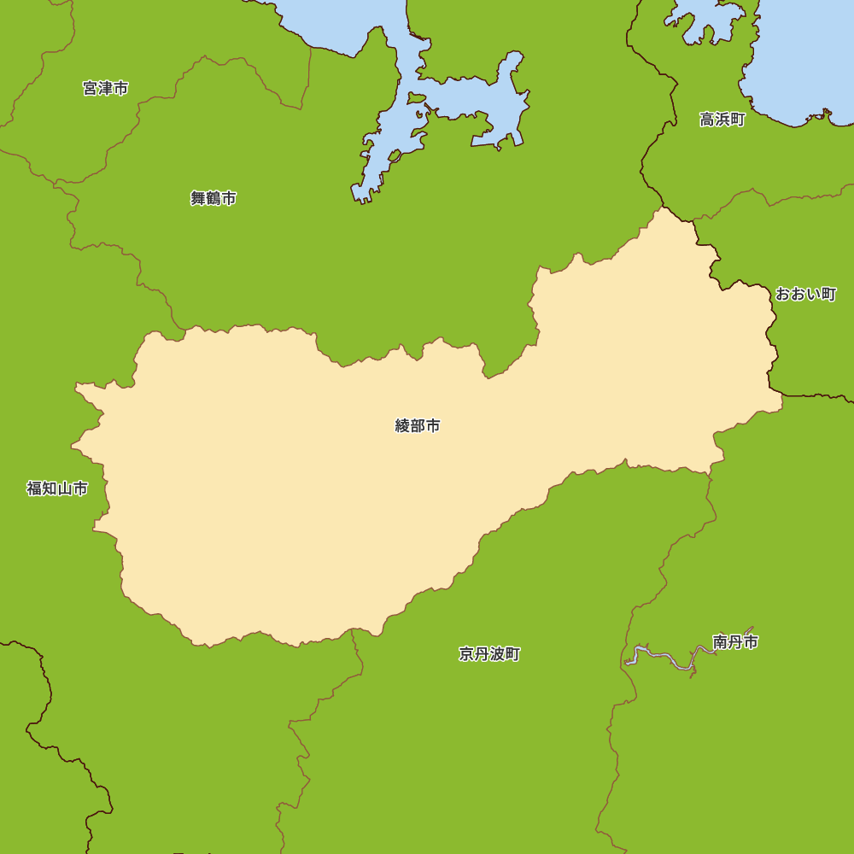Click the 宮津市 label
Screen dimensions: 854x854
[106, 88]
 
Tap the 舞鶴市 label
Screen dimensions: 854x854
[213, 198]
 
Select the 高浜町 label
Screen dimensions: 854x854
[722, 120]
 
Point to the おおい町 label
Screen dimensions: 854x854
[805, 294]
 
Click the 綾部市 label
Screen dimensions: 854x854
[418, 425]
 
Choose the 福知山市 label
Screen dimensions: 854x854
[57, 488]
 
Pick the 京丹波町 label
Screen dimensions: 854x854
[489, 654]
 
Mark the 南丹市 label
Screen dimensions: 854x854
[735, 642]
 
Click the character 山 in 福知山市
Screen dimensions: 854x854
[65, 488]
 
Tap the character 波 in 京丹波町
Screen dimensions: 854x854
[497, 654]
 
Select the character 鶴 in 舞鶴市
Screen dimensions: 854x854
[213, 198]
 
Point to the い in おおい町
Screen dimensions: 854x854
[813, 294]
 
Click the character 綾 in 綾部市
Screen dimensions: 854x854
[403, 425]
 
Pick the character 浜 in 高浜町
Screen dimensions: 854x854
[722, 120]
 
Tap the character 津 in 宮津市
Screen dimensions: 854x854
[106, 88]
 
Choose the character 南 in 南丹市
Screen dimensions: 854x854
[720, 642]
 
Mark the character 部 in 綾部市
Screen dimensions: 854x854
[418, 425]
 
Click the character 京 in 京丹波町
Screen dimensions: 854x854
[466, 654]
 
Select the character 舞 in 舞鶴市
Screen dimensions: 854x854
[198, 198]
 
